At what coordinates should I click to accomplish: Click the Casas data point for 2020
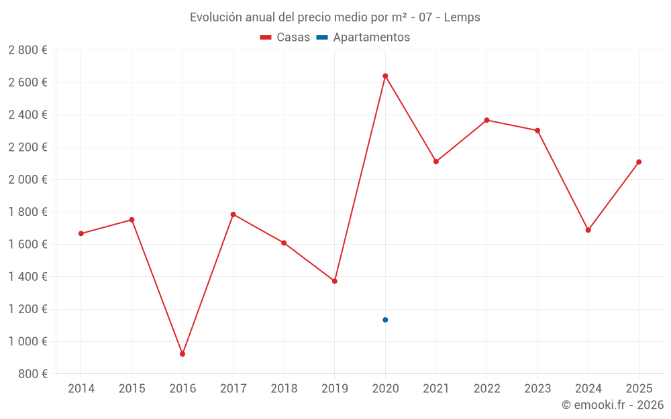tap(385, 76)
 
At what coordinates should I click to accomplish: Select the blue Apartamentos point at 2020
tap(385, 320)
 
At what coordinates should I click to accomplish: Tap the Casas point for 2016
tap(183, 354)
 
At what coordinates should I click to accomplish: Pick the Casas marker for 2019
tap(334, 281)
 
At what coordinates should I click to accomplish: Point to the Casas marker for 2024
tap(588, 230)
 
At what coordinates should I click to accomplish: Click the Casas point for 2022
tap(486, 120)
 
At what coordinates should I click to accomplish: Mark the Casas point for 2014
tap(81, 233)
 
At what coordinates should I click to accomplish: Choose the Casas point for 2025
tap(639, 162)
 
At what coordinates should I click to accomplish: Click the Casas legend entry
tap(285, 38)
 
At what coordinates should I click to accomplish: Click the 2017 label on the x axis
tap(233, 389)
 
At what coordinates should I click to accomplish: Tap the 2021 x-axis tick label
tap(436, 389)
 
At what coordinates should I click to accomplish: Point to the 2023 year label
tap(537, 389)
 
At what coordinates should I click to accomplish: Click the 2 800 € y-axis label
tap(28, 50)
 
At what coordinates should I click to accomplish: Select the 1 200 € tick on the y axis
tap(28, 309)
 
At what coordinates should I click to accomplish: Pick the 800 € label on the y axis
tap(32, 374)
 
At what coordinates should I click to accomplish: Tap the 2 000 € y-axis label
tap(28, 180)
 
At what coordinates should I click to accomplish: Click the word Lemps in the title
tap(462, 17)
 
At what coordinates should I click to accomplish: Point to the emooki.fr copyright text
tap(613, 405)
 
